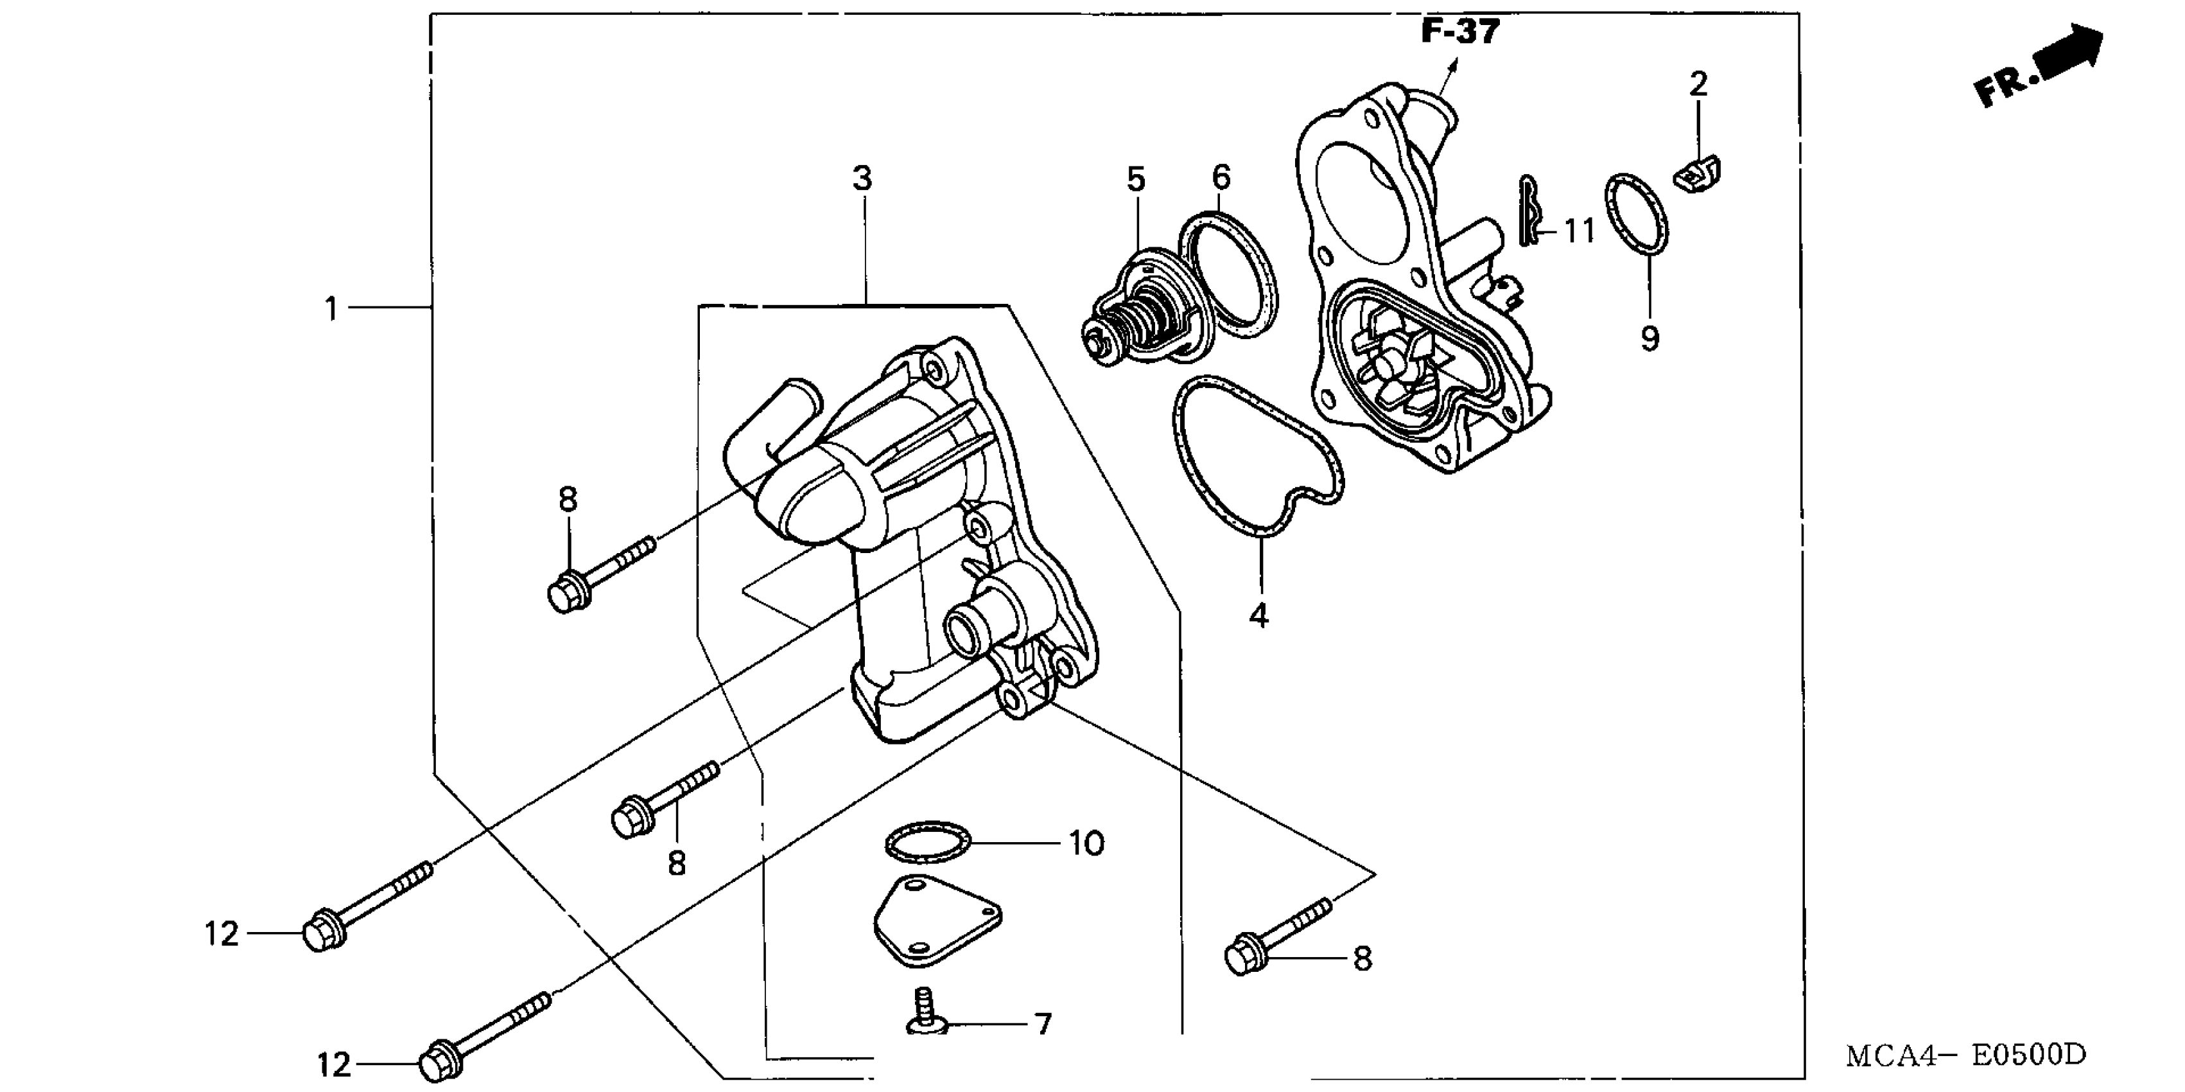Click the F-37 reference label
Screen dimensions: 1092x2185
1461,31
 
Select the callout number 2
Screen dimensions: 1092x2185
1698,84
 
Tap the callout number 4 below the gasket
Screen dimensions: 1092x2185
1258,614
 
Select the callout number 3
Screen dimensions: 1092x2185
862,179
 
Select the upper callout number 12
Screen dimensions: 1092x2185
222,934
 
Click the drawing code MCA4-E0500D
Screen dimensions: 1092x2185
1965,1055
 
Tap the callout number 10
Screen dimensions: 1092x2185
1086,843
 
